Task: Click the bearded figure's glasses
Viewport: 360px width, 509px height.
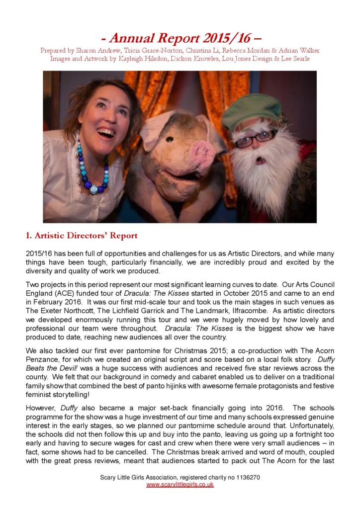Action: pyautogui.click(x=257, y=137)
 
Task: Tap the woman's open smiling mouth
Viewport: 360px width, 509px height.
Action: pyautogui.click(x=105, y=132)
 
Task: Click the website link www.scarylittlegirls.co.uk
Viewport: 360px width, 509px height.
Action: pyautogui.click(x=180, y=484)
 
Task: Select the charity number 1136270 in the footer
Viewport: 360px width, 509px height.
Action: pyautogui.click(x=245, y=477)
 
